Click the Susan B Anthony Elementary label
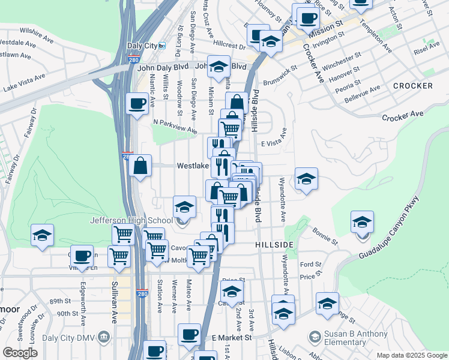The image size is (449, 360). [x=355, y=338]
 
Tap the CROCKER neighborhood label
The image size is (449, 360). [x=412, y=86]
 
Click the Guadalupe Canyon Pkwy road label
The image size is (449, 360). [x=396, y=229]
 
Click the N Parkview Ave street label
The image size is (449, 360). [x=175, y=126]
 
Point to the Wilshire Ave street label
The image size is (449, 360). [x=38, y=29]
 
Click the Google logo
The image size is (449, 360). [x=20, y=353]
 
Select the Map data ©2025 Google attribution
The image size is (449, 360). [x=412, y=355]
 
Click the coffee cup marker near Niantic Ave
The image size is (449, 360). [x=137, y=103]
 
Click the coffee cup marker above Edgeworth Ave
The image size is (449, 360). [x=82, y=255]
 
